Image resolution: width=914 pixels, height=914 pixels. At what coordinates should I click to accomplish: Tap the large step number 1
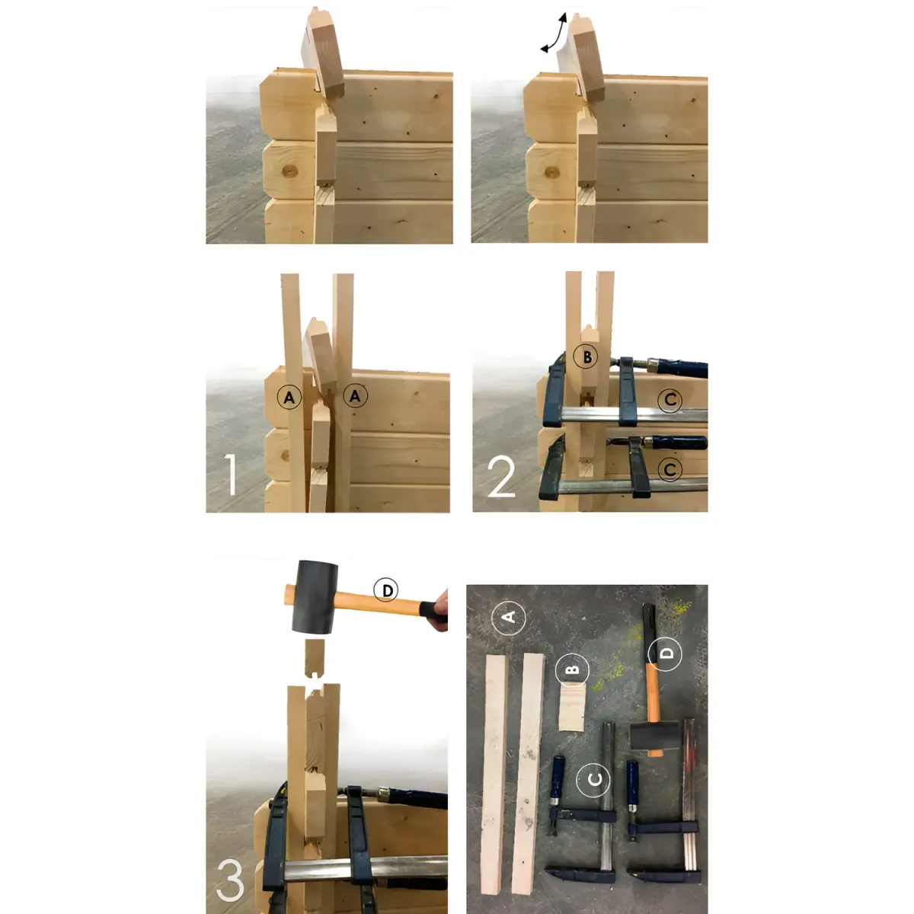(x=230, y=475)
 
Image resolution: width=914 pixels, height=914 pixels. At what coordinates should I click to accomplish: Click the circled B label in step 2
(x=586, y=357)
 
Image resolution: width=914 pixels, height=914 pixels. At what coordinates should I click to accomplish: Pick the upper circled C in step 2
(x=670, y=400)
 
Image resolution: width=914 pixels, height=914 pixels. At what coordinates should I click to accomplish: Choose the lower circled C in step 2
(x=670, y=470)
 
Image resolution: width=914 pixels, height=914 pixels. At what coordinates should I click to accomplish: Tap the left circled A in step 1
(x=289, y=398)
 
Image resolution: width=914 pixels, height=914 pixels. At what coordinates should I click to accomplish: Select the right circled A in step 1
(x=355, y=395)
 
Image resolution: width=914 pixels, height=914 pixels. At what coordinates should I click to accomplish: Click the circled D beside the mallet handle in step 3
(x=385, y=590)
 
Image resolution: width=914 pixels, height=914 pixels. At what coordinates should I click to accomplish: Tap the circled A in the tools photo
(x=509, y=617)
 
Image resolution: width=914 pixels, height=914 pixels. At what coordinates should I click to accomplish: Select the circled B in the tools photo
(x=573, y=670)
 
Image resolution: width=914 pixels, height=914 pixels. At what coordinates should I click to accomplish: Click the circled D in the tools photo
(x=665, y=654)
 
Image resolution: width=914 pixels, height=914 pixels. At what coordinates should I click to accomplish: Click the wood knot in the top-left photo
(x=289, y=171)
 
